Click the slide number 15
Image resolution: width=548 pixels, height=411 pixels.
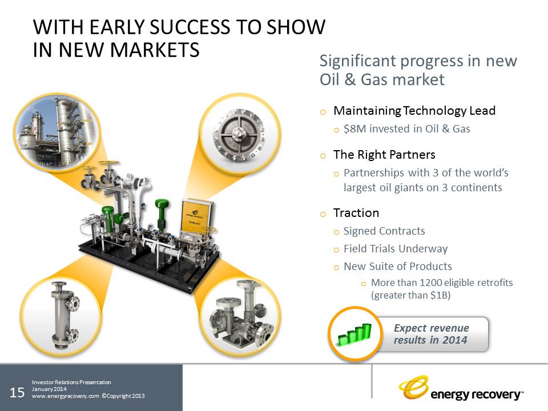[17, 393]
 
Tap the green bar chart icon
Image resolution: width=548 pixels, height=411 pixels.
[354, 335]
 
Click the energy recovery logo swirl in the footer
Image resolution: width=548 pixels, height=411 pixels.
[414, 387]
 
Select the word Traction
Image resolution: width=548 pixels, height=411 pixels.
[356, 213]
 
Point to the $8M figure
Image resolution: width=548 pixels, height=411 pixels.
[354, 129]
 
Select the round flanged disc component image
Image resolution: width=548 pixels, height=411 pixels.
[239, 134]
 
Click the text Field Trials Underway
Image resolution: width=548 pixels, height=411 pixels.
[396, 249]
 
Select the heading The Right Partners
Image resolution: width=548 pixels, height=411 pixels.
[384, 155]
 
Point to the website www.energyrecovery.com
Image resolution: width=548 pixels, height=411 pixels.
[65, 396]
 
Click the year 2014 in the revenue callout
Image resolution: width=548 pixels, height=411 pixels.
[454, 340]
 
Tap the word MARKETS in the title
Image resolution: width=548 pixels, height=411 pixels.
[155, 50]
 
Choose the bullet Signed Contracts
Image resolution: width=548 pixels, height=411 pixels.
[384, 231]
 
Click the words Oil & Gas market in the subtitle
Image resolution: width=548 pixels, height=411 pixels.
[382, 79]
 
